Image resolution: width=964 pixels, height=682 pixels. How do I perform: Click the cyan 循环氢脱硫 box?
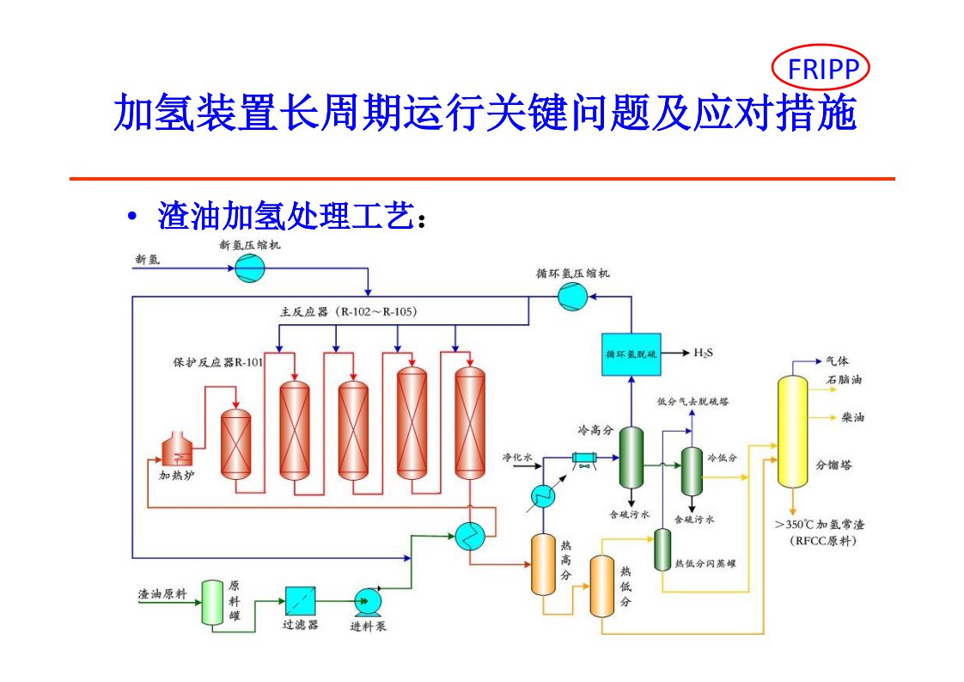point(632,353)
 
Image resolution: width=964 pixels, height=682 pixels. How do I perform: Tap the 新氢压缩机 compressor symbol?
point(251,269)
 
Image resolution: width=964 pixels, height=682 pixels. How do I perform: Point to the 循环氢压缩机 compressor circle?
point(570,297)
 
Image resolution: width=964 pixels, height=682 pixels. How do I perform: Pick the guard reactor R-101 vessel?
point(235,443)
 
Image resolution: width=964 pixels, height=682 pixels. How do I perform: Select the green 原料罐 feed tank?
point(212,602)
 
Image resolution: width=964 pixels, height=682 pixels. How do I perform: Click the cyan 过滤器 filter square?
point(300,599)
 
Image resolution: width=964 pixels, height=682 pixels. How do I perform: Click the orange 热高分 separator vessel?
point(544,564)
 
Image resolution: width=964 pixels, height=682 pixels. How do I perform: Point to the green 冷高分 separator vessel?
point(632,458)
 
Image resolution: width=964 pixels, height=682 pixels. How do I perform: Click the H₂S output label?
point(703,353)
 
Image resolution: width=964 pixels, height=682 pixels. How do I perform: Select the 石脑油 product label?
point(844,379)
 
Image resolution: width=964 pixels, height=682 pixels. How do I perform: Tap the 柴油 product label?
point(852,418)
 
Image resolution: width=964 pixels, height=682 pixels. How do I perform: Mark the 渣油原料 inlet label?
point(162,593)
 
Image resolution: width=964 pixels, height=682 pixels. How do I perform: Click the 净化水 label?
point(518,457)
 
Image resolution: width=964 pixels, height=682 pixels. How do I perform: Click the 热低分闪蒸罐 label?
point(705,563)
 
